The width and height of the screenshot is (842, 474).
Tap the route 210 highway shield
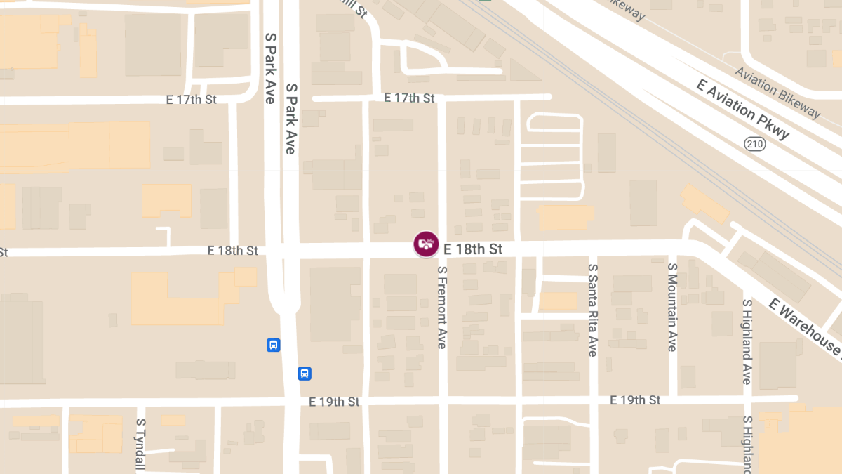coord(755,144)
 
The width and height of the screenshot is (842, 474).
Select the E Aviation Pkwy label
coord(743,109)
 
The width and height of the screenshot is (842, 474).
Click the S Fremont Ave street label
coord(442,307)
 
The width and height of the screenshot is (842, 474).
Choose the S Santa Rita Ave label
coord(593,310)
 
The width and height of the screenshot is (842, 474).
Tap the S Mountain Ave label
coord(672,308)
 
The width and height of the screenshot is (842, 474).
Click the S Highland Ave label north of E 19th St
coord(747,341)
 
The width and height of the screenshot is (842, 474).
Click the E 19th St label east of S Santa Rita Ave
coord(635,400)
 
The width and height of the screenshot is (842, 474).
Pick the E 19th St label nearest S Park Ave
coord(334,402)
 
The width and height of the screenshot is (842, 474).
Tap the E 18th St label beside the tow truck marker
coord(473,249)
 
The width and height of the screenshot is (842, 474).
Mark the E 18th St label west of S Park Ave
coord(233,251)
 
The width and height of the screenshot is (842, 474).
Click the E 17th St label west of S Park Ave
coord(191,100)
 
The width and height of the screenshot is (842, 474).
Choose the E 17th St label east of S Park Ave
coord(409,98)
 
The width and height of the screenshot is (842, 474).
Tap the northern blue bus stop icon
coord(274,345)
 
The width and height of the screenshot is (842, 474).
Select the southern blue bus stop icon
coord(305,373)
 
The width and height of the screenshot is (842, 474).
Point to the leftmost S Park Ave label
coord(270,68)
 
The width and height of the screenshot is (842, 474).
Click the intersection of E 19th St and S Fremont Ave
coord(442,400)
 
